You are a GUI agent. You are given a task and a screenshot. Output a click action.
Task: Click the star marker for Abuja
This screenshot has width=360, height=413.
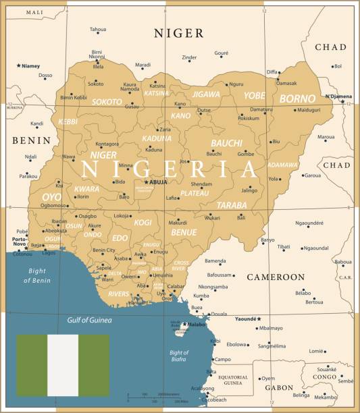147,182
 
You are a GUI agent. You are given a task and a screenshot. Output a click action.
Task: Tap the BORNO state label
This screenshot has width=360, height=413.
297,99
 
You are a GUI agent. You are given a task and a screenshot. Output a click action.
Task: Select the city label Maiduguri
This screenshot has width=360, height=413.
309,109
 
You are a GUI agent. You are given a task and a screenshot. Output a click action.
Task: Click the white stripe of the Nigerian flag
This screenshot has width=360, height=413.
63,365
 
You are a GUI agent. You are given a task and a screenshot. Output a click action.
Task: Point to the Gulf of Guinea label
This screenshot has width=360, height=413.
89,320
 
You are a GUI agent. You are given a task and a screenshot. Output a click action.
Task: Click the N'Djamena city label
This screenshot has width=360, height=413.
339,96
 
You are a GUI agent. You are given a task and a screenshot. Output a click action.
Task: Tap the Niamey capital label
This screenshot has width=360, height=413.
30,66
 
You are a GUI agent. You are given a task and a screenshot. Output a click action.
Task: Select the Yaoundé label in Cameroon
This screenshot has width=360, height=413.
247,319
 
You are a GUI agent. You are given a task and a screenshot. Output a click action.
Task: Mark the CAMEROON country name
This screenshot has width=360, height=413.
276,277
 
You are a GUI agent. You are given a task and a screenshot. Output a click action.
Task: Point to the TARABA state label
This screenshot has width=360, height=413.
231,204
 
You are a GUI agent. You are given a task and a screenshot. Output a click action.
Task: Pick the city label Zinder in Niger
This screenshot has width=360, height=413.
189,57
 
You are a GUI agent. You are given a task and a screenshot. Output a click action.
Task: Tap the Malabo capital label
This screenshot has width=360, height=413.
196,325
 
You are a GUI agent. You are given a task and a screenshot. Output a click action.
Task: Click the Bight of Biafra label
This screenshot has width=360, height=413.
178,356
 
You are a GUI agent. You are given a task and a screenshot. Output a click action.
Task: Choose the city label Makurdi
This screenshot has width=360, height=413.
178,223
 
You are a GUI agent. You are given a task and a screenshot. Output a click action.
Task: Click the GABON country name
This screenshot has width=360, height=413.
278,388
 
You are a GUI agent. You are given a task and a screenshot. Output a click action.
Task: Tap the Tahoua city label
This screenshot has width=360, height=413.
98,30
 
